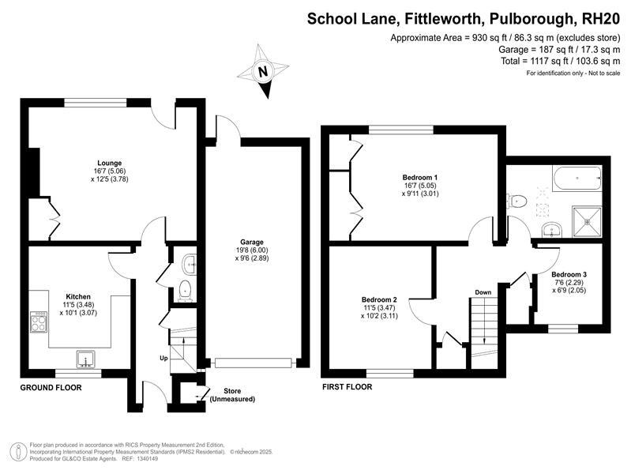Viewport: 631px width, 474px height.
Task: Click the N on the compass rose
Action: click(x=263, y=72)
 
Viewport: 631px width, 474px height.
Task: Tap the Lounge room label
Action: click(x=109, y=163)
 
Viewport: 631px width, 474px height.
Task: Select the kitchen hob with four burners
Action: click(x=39, y=322)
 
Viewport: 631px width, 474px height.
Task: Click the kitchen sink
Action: click(x=86, y=359)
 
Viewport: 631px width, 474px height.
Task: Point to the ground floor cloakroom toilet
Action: click(x=185, y=291)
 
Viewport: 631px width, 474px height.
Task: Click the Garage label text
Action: click(x=252, y=242)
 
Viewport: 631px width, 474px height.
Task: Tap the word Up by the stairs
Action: click(x=163, y=358)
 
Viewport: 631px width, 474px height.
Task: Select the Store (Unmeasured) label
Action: click(x=233, y=395)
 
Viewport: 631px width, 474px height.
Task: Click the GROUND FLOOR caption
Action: click(x=51, y=387)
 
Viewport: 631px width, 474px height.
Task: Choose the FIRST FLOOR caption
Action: click(x=347, y=387)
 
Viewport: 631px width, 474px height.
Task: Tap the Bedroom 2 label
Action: click(x=380, y=299)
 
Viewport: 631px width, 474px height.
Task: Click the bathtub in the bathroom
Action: click(x=577, y=178)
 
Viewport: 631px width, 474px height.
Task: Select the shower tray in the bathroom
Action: click(x=587, y=221)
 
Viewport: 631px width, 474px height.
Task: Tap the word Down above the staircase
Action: click(x=483, y=292)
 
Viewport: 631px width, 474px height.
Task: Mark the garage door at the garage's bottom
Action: click(x=253, y=363)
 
